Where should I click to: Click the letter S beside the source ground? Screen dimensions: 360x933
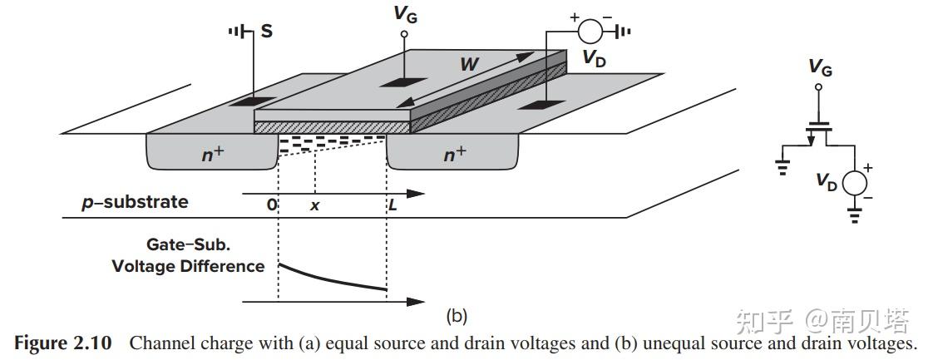tap(266, 32)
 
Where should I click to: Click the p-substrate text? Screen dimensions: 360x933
tap(135, 201)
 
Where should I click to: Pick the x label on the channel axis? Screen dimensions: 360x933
tap(314, 205)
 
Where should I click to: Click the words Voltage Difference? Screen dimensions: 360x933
tap(188, 266)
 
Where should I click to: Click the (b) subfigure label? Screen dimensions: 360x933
tap(457, 316)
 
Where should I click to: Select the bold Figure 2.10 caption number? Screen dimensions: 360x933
tap(62, 343)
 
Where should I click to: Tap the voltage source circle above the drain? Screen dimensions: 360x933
tap(591, 32)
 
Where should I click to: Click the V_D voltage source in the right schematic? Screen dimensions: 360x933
tap(854, 182)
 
